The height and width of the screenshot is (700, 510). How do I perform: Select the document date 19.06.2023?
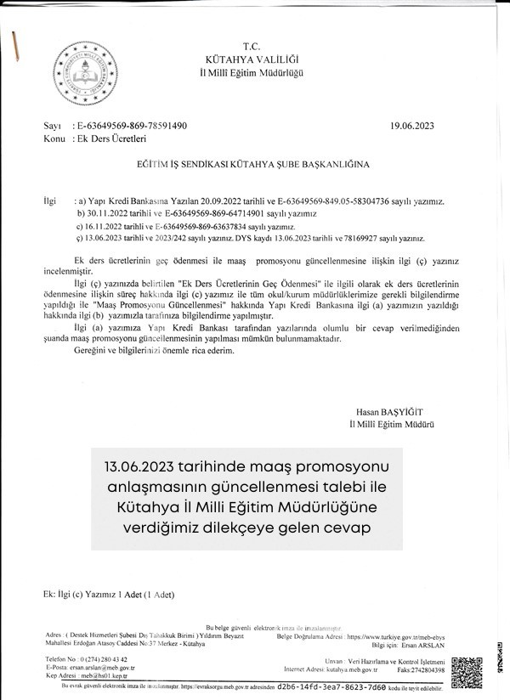click(412, 126)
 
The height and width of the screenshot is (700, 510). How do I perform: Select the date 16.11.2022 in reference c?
click(108, 228)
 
